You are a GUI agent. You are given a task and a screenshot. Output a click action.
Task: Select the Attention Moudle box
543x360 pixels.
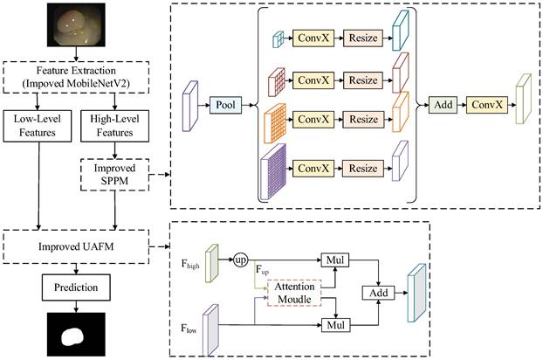[287, 293]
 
